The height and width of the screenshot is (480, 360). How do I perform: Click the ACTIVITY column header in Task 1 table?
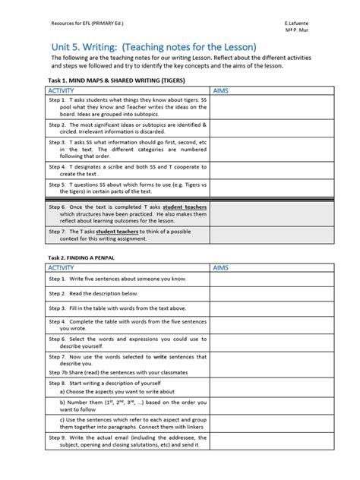[x=62, y=90]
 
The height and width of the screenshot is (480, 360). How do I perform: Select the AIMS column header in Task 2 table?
[x=223, y=269]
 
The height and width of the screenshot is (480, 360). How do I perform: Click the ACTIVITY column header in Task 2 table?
[x=62, y=269]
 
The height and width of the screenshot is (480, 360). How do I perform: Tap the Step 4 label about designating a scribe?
[x=58, y=166]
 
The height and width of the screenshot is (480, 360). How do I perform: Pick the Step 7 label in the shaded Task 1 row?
[x=58, y=230]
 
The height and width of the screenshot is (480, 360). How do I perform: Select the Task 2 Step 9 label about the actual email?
[x=58, y=437]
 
